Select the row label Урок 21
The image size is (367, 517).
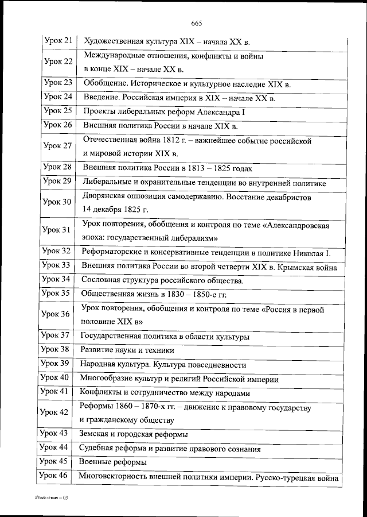click(58, 41)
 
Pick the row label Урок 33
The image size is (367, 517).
click(57, 265)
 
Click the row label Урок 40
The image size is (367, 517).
click(56, 377)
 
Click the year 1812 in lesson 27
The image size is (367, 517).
click(163, 141)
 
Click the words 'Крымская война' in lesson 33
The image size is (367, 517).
click(312, 267)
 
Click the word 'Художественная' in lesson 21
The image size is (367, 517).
click(111, 41)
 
